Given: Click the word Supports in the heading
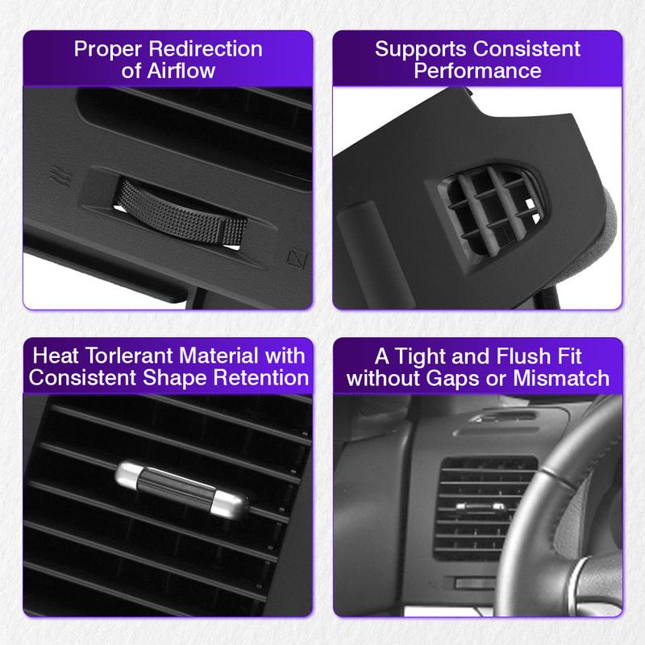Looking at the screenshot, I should tap(417, 48).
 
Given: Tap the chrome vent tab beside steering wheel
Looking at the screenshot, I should tap(475, 506).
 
